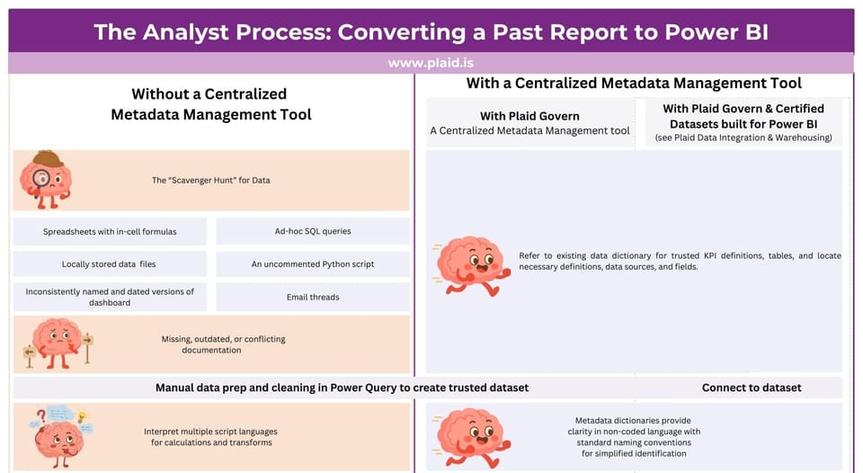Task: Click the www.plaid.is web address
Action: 431,63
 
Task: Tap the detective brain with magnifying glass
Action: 46,179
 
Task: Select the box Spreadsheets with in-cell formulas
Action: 110,231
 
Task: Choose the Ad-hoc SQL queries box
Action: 313,231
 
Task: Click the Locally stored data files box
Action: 110,264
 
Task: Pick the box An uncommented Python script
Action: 313,264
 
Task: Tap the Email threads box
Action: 313,297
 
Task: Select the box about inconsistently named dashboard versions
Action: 110,297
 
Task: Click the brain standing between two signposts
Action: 58,343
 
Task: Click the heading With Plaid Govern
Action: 529,115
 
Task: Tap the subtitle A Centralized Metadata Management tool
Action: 529,131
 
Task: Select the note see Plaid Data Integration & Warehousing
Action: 743,138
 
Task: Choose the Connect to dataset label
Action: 752,388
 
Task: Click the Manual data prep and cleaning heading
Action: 342,388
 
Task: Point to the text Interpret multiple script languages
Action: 208,432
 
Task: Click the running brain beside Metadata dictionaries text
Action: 471,436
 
